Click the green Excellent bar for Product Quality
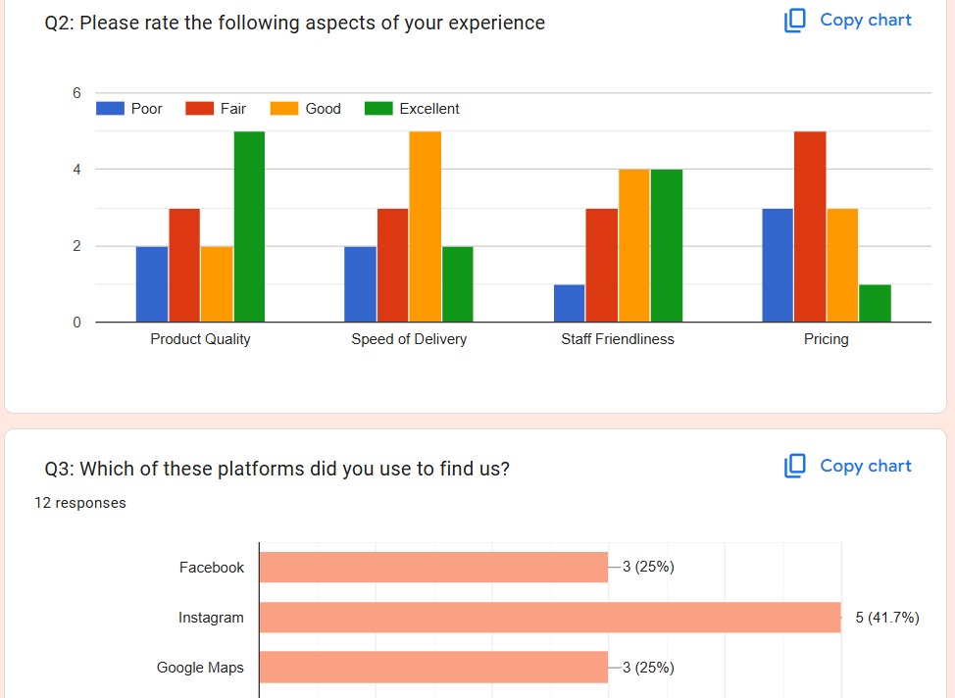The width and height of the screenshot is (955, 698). [x=249, y=226]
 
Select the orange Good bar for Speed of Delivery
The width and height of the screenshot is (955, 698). [x=425, y=226]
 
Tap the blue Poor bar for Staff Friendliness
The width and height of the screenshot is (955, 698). [x=569, y=303]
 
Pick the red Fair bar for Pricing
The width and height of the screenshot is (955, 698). [x=810, y=226]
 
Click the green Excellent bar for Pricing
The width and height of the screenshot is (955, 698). [x=875, y=303]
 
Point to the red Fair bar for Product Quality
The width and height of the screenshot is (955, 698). [x=184, y=265]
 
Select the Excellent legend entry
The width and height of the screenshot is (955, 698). [x=412, y=109]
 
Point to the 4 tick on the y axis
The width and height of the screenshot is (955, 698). [x=75, y=170]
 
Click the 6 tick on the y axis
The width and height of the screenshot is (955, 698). [x=75, y=93]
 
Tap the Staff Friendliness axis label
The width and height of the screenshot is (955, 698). [x=618, y=339]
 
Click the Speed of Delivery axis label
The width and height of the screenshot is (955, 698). [x=409, y=339]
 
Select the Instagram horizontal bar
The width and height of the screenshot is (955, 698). [x=549, y=618]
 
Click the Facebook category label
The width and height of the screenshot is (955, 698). [x=212, y=568]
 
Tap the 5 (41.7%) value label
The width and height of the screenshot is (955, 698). [x=886, y=618]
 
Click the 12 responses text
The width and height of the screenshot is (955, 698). [x=79, y=503]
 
